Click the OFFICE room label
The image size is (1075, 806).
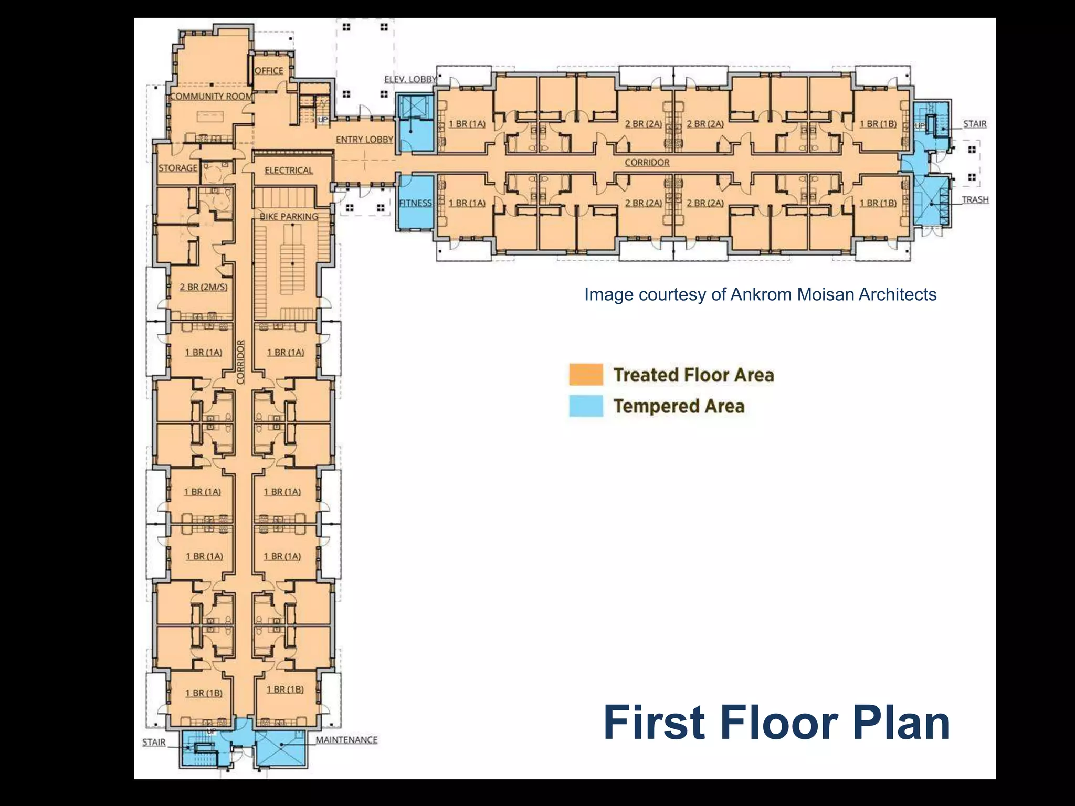pyautogui.click(x=269, y=71)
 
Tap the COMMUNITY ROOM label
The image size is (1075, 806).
pyautogui.click(x=212, y=96)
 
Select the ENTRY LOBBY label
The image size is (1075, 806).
pyautogui.click(x=364, y=140)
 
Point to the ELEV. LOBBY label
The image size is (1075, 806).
pyautogui.click(x=410, y=79)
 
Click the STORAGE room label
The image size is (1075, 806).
pyautogui.click(x=178, y=168)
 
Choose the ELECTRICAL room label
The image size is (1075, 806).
pyautogui.click(x=288, y=171)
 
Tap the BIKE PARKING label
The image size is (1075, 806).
pyautogui.click(x=289, y=216)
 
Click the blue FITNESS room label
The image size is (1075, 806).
pyautogui.click(x=415, y=203)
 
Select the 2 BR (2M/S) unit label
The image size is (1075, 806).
pyautogui.click(x=204, y=287)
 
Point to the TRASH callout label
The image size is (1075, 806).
pyautogui.click(x=975, y=200)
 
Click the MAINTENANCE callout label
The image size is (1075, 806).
pyautogui.click(x=346, y=740)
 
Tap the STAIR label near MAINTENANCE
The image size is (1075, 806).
pyautogui.click(x=154, y=742)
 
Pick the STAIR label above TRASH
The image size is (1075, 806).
pyautogui.click(x=975, y=124)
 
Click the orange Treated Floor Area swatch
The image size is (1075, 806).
pyautogui.click(x=586, y=375)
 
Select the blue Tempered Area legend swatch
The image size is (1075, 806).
pyautogui.click(x=586, y=406)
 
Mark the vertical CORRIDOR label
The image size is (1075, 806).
pyautogui.click(x=241, y=362)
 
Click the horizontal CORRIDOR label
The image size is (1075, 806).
pyautogui.click(x=647, y=163)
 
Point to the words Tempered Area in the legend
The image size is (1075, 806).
pyautogui.click(x=679, y=406)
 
